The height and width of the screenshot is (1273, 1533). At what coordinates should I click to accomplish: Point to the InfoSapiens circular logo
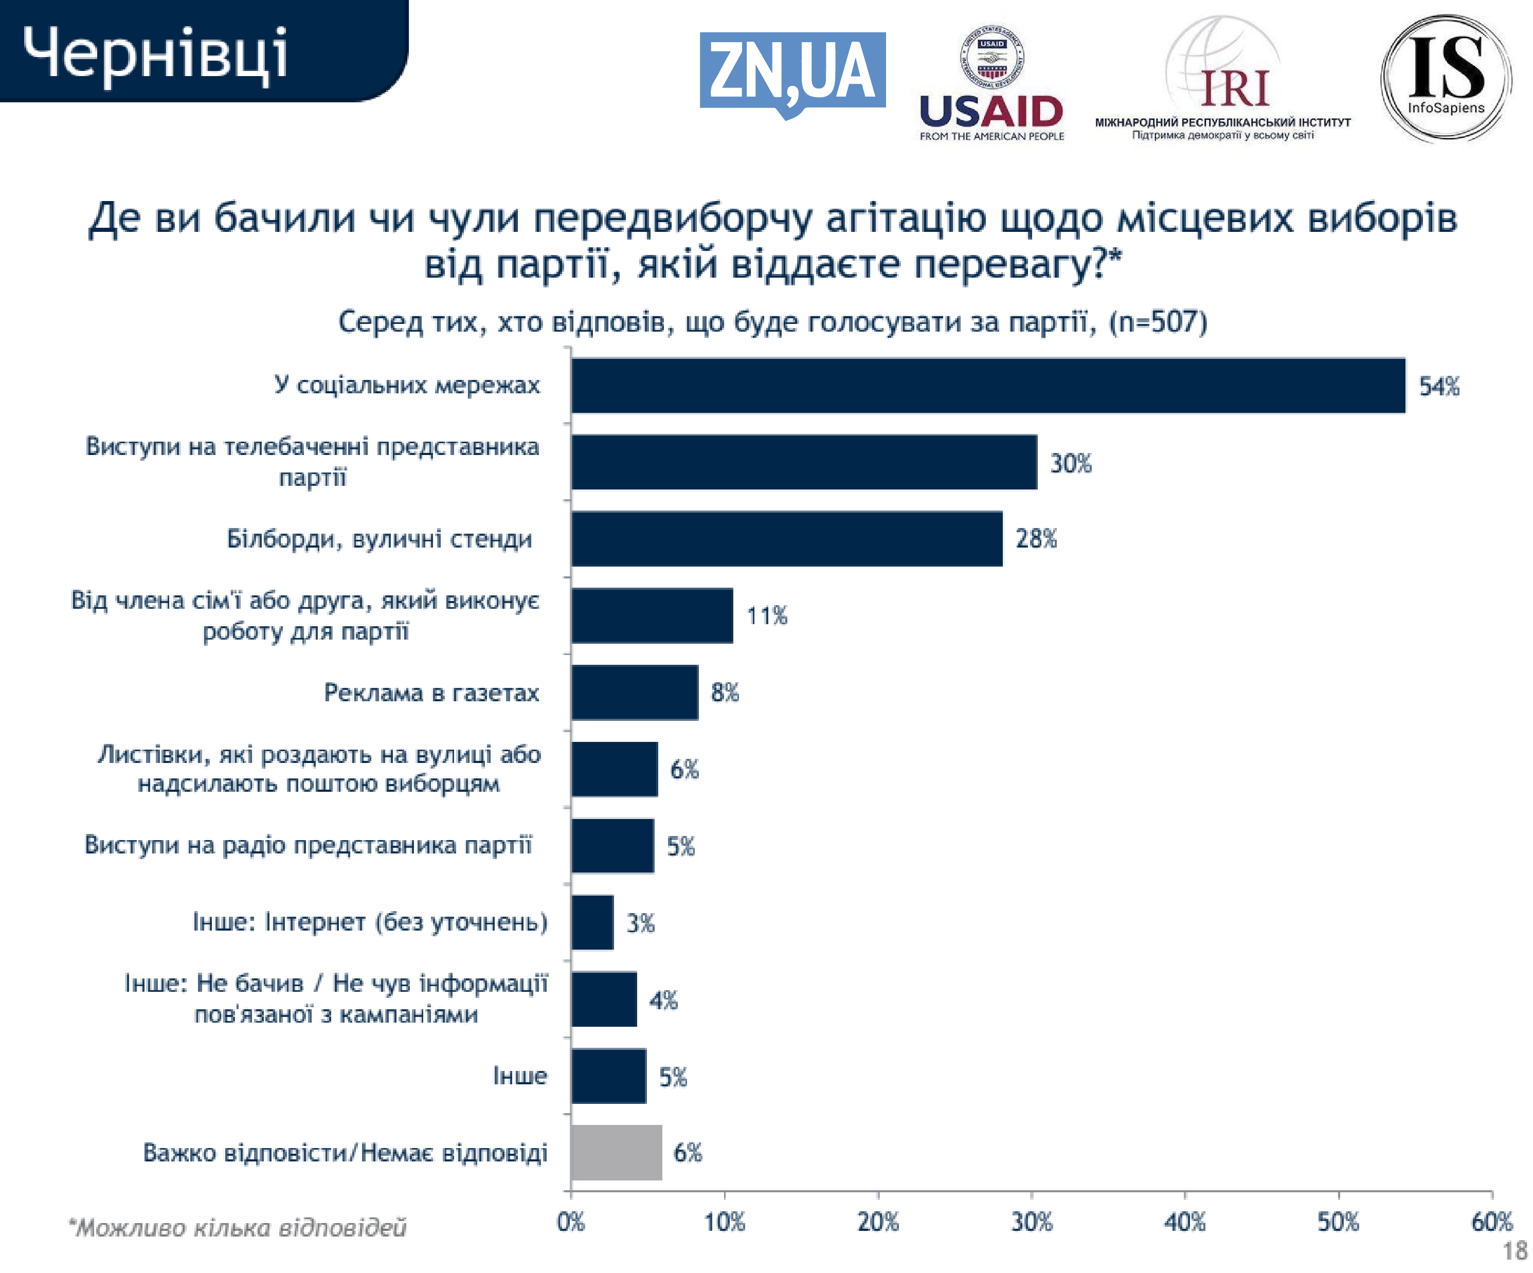1446,77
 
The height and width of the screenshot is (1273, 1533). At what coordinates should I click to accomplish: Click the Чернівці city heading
155,52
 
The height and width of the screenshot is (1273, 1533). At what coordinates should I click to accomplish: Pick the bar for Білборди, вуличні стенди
786,539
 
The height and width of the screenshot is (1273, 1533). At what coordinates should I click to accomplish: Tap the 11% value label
766,615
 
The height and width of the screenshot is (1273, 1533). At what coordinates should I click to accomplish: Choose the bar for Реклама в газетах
635,692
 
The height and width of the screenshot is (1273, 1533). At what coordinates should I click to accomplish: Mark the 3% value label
640,923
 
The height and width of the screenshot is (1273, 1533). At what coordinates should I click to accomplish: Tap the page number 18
1515,1251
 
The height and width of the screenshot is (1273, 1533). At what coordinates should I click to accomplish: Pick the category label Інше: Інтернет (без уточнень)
369,922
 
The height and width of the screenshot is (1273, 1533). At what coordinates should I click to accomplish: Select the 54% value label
1439,386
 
